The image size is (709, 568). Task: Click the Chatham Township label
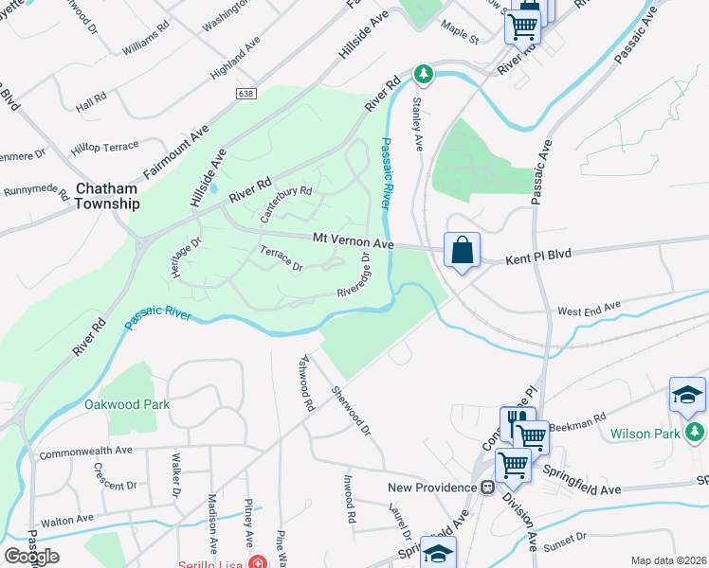coord(108,196)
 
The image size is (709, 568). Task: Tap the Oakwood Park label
coord(127,404)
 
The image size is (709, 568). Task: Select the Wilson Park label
coord(645,434)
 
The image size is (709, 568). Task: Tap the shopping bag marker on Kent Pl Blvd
coord(462,252)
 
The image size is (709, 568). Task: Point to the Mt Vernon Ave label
coord(353,241)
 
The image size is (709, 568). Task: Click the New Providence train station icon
coord(486,488)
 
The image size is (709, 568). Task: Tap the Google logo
coord(31,557)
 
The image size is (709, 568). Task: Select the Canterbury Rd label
coord(286,201)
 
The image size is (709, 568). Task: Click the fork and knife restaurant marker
coord(518,421)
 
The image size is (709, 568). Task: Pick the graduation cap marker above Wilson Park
coord(687,396)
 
